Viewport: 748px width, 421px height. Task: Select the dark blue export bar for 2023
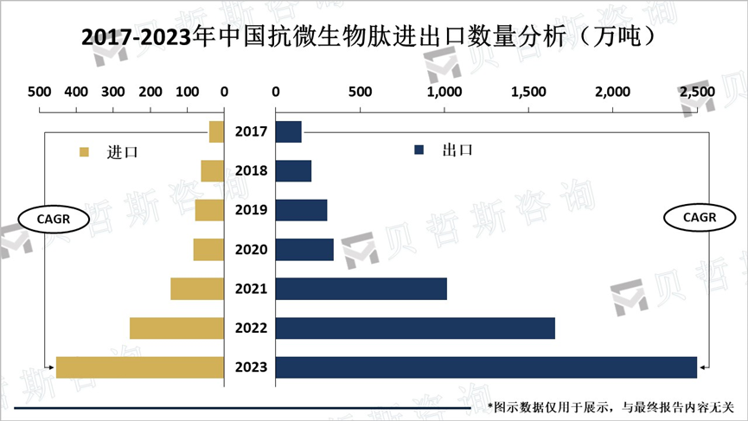(x=485, y=367)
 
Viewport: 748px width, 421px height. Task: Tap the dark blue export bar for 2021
(x=361, y=289)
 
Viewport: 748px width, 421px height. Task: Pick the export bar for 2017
(x=288, y=132)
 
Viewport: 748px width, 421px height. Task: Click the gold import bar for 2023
(x=140, y=367)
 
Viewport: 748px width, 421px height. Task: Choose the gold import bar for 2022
(x=176, y=329)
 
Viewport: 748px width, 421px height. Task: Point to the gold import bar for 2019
(x=209, y=210)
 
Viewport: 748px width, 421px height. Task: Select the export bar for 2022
(x=414, y=329)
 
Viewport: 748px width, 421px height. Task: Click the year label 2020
(x=250, y=250)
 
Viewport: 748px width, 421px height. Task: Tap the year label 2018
(x=250, y=171)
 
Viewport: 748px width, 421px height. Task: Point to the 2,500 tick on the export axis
(x=697, y=91)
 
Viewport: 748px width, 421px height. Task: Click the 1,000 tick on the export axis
(x=444, y=91)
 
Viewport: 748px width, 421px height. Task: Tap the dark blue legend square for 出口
(x=419, y=150)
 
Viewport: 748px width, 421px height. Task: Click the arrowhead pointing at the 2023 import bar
(x=48, y=367)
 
